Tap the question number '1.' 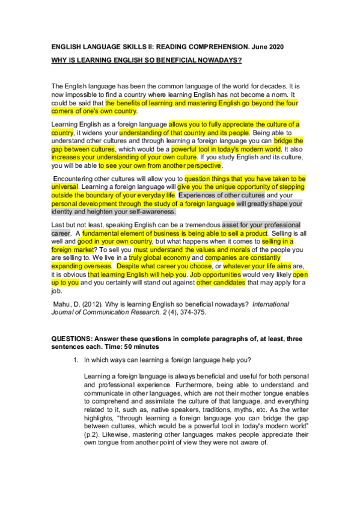(x=76, y=360)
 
